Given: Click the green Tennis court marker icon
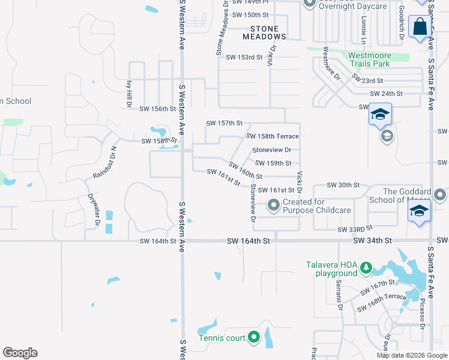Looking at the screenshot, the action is click(253, 338).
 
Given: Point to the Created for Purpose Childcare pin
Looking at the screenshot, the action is click(274, 206).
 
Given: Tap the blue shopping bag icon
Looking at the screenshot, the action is click(418, 27).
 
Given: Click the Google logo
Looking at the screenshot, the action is click(20, 353).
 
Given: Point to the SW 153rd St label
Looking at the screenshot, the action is click(244, 57).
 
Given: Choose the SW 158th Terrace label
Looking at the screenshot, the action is click(273, 136).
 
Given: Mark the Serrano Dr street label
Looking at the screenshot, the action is click(339, 295).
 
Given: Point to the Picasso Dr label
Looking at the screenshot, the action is click(423, 307).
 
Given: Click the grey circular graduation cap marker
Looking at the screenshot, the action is click(387, 137).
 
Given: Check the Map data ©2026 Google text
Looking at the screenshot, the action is click(411, 355).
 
